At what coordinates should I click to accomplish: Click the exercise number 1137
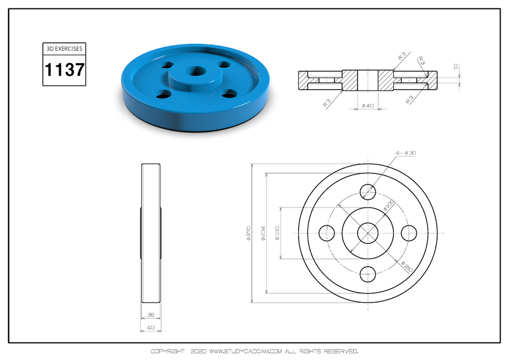coord(64,70)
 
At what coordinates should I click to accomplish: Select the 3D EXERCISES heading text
coord(64,49)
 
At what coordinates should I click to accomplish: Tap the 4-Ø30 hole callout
coord(406,153)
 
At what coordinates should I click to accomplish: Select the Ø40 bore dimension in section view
coord(368,105)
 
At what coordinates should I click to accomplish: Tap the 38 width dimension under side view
coord(150,315)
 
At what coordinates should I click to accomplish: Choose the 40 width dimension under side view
coord(150,327)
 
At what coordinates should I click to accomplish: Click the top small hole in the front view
coord(368,191)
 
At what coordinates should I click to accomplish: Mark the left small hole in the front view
coord(327,232)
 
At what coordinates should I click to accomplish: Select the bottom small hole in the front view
coord(368,274)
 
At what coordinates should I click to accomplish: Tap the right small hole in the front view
coord(410,232)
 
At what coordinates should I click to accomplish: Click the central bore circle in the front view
coord(368,232)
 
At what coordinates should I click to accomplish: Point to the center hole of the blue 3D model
coord(196,71)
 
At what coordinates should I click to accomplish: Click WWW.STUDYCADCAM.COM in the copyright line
coord(245,351)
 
